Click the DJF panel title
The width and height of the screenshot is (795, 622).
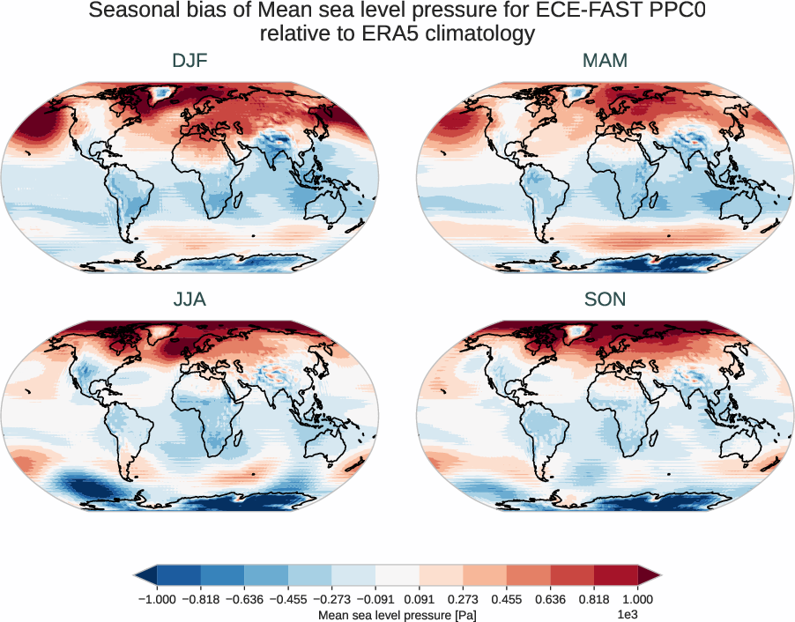click(x=189, y=61)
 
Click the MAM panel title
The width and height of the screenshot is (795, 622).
click(x=605, y=61)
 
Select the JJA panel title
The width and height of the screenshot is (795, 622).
click(x=189, y=300)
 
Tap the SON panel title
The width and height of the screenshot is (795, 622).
click(x=605, y=300)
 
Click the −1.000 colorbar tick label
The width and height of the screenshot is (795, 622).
click(x=158, y=598)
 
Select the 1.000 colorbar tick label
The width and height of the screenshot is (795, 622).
click(x=637, y=598)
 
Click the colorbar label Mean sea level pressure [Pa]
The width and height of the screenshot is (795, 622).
click(x=397, y=615)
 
